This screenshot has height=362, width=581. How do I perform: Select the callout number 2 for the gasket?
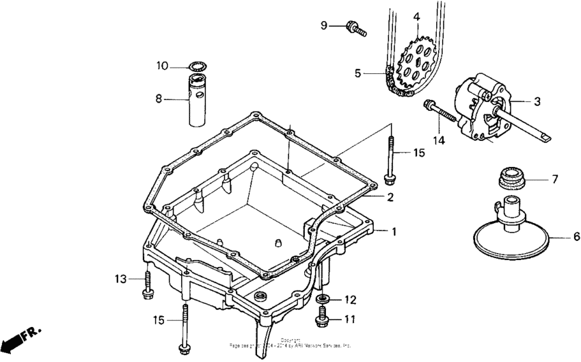(x=390, y=197)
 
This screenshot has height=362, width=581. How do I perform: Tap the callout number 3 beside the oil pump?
(x=537, y=101)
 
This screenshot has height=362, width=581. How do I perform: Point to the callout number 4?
(x=416, y=16)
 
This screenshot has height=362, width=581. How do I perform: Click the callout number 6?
(x=576, y=237)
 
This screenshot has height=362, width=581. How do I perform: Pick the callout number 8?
(x=159, y=99)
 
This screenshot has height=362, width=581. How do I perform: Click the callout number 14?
(x=438, y=140)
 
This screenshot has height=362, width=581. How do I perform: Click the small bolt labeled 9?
(x=356, y=28)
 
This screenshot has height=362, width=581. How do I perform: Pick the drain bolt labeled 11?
(x=321, y=316)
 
